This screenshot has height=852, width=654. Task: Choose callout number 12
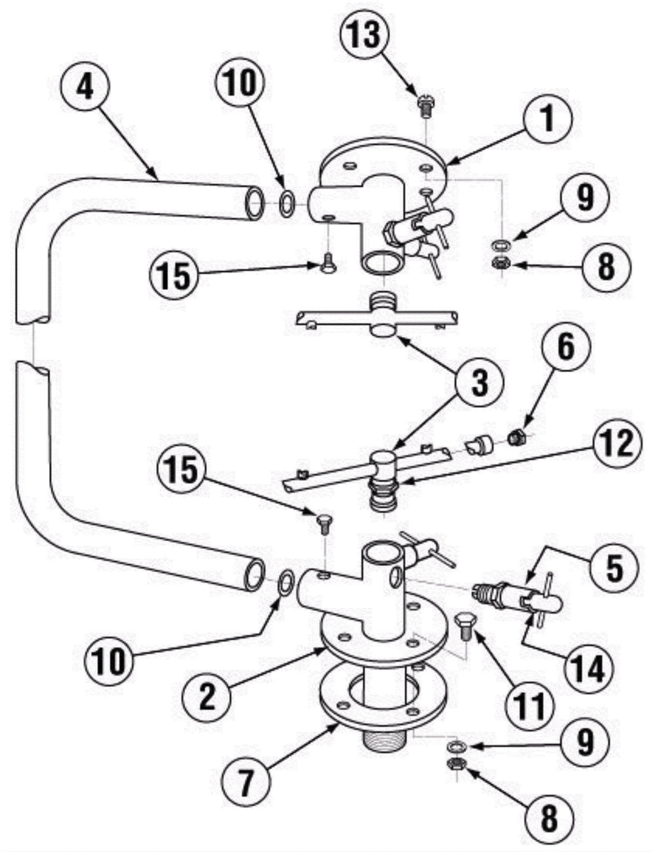point(616,444)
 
